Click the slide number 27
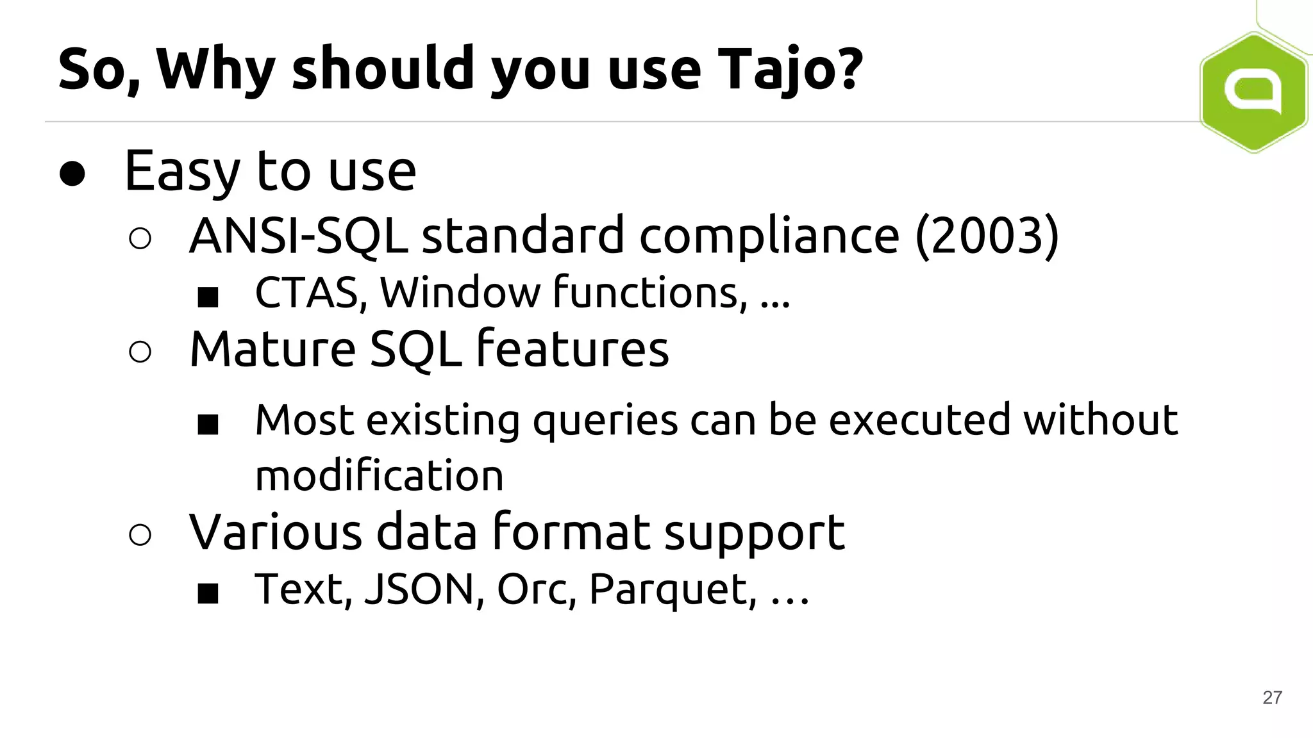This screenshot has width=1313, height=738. (x=1272, y=698)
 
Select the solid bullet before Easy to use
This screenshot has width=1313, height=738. (x=72, y=173)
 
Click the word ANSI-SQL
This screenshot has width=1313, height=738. (x=298, y=236)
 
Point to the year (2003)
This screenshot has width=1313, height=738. (x=987, y=236)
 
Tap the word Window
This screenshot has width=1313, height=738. (x=460, y=293)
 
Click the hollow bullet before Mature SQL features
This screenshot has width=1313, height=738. (x=140, y=352)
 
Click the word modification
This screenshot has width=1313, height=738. (x=379, y=476)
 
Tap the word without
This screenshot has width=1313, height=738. (x=1100, y=421)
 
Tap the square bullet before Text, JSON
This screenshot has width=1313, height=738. (x=208, y=594)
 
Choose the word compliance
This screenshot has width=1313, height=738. (x=769, y=236)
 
